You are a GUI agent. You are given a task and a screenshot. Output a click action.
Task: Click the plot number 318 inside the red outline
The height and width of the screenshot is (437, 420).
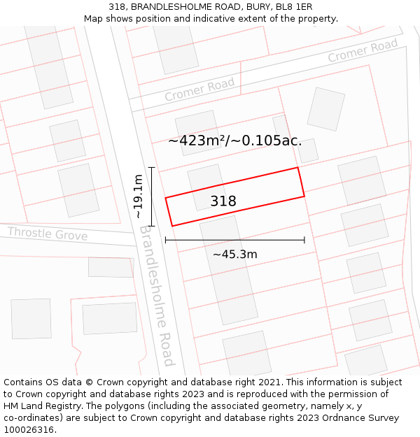223,201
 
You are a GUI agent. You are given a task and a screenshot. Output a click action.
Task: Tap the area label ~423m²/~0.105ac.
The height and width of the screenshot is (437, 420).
235,141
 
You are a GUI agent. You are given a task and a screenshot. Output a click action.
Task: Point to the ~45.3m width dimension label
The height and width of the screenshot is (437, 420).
234,255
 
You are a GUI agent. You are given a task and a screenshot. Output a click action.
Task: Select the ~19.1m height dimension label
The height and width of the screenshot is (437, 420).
139,196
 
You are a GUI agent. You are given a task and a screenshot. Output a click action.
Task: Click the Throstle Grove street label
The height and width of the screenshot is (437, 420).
48,234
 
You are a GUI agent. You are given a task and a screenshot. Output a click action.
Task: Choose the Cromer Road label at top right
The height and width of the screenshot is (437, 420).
363,51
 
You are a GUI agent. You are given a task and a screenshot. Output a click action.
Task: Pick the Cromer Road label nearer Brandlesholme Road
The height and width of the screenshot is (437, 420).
199,89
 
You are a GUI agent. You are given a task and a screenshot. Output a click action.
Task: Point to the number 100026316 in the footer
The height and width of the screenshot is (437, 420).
30,430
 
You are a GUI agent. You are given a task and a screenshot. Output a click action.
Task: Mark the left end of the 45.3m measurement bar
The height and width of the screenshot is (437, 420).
166,240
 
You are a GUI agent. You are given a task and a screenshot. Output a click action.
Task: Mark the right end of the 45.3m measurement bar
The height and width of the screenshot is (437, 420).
304,240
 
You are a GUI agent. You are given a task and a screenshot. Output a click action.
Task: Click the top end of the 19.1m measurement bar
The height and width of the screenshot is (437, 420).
151,167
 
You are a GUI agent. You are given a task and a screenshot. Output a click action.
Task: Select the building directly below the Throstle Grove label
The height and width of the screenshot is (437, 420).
111,267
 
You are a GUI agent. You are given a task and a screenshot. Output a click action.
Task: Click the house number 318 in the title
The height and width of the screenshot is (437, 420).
117,7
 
